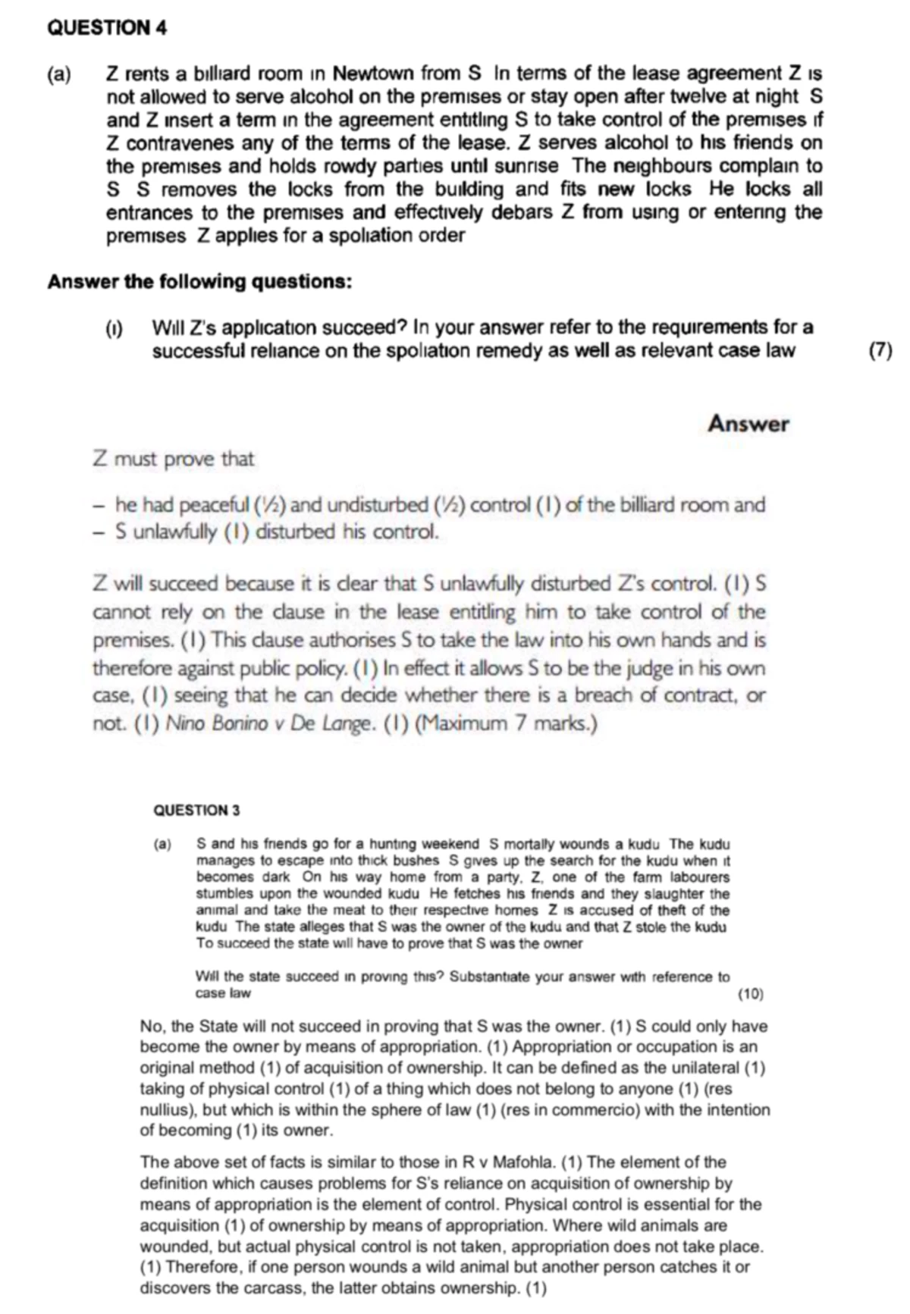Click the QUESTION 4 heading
point(107,28)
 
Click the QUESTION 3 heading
point(196,810)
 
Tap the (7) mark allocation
point(880,351)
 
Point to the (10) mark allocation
point(750,994)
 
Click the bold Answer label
point(748,424)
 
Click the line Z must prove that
point(174,459)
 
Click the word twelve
point(661,97)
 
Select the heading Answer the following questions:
point(199,282)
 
